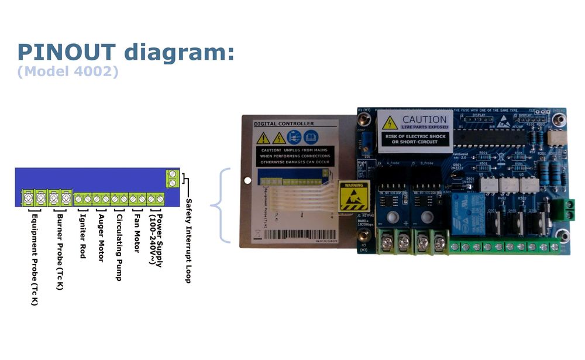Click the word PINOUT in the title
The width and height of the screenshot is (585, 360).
(67, 52)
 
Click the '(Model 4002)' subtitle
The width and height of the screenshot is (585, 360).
(68, 72)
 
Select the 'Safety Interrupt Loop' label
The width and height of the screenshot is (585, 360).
(188, 241)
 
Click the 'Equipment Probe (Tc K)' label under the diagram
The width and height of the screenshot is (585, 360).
(35, 258)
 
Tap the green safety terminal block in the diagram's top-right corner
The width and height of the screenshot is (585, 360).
(172, 179)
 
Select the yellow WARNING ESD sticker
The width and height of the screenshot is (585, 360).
(353, 196)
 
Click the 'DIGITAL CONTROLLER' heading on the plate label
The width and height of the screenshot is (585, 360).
(284, 124)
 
